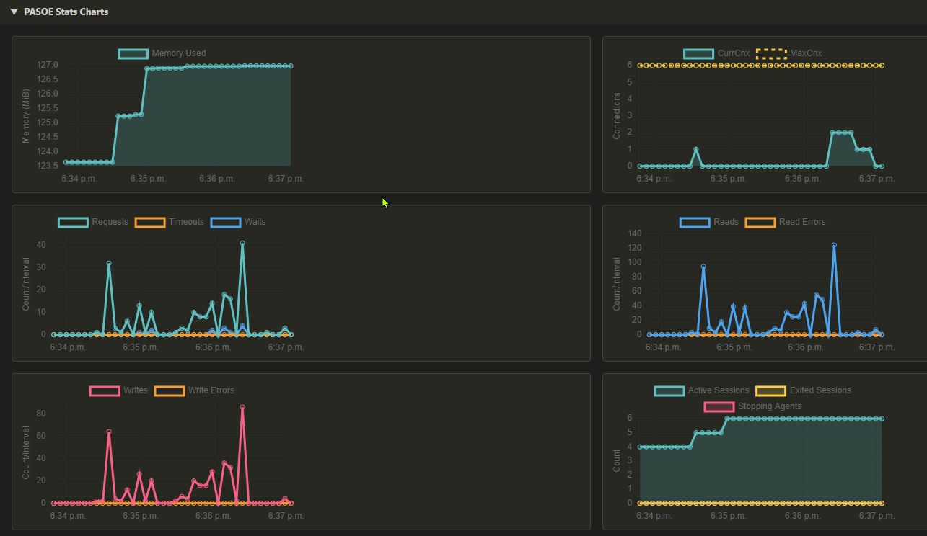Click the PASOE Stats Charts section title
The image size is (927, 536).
point(66,12)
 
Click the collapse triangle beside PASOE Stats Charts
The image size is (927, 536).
point(14,12)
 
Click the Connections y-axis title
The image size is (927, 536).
point(617,115)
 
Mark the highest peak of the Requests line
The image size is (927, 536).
point(242,244)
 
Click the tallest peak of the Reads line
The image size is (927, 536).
point(834,245)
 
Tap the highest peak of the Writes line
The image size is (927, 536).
point(242,407)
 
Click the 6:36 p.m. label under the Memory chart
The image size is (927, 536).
point(217,178)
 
